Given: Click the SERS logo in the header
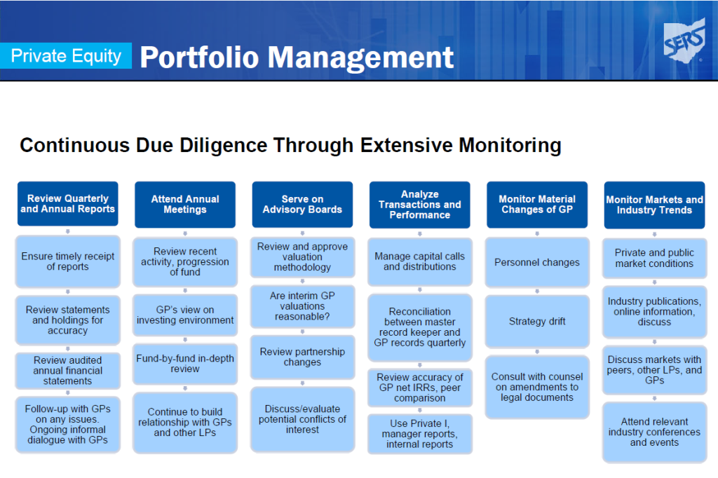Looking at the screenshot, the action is [684, 41].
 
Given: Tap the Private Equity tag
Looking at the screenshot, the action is [66, 56].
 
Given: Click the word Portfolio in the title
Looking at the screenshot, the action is [200, 57].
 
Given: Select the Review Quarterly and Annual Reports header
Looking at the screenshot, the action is [68, 204].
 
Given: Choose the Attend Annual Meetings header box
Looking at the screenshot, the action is [185, 205].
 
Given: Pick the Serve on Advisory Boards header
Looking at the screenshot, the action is [302, 205].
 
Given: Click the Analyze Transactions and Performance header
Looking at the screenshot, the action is [419, 205].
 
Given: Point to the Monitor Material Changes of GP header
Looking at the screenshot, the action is [537, 205].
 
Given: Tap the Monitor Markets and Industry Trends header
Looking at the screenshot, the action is [654, 205].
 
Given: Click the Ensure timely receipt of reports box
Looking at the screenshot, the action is [68, 261].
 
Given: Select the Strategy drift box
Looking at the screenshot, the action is [537, 322].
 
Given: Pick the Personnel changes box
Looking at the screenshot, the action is [537, 262].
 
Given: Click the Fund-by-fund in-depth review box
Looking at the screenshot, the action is [185, 364].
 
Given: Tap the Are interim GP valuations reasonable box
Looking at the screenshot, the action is [302, 306].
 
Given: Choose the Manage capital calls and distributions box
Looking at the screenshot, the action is [419, 261].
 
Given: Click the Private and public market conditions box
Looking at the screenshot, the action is [654, 258].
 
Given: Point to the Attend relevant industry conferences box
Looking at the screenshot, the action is [654, 432].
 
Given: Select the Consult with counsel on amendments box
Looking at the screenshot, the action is [537, 387].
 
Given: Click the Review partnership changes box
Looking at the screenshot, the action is [302, 357].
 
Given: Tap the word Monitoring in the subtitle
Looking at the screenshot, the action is [510, 146].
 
